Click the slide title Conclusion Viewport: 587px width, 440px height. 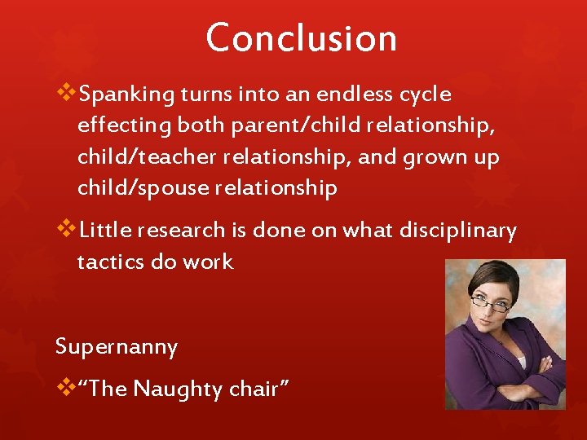pyautogui.click(x=301, y=38)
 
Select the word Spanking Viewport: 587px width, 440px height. pyautogui.click(x=127, y=95)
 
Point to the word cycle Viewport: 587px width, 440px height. pyautogui.click(x=424, y=95)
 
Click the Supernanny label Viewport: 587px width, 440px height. pyautogui.click(x=116, y=347)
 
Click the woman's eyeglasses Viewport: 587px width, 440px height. pyautogui.click(x=492, y=306)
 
